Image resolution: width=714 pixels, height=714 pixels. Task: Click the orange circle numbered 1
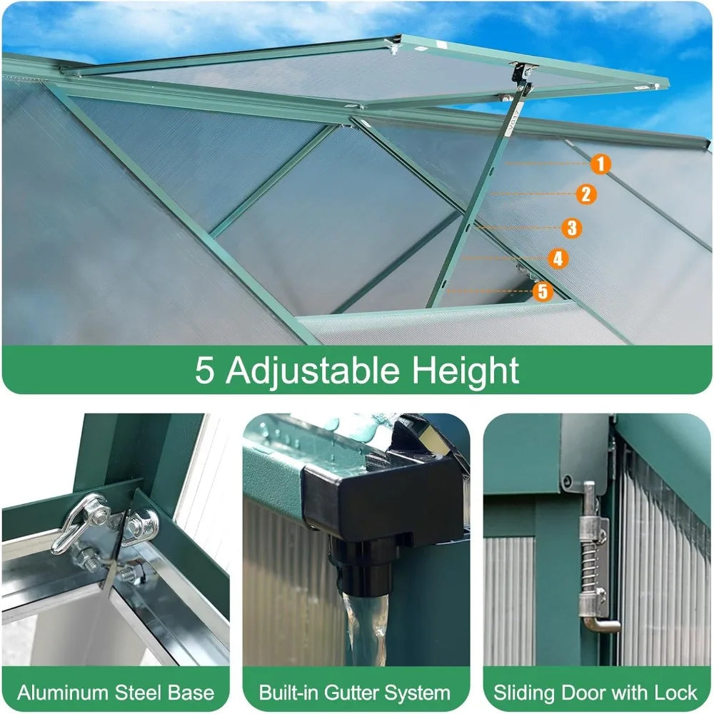[x=600, y=164]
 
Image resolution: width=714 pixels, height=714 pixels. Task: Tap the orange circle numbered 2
[x=585, y=193]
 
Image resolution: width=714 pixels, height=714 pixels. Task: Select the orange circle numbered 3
[x=571, y=228]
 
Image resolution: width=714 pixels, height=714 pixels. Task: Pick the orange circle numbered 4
[x=558, y=258]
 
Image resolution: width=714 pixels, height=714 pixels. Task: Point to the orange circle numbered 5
[x=543, y=291]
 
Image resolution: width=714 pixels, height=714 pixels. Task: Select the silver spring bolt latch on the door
[x=592, y=557]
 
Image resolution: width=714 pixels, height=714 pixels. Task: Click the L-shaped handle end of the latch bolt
[x=599, y=625]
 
